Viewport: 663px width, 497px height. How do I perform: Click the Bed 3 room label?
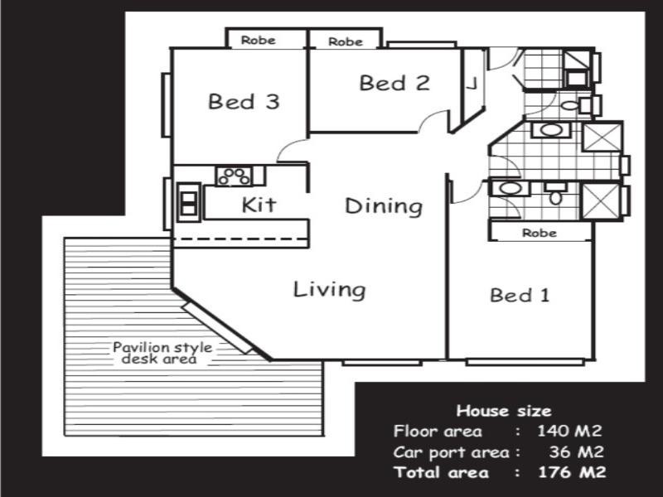click(x=243, y=102)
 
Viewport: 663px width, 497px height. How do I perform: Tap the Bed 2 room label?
click(x=394, y=83)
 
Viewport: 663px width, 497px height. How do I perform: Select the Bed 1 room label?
click(x=520, y=295)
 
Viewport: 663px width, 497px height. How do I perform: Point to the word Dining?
click(x=384, y=205)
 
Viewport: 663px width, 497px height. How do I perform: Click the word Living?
click(x=329, y=289)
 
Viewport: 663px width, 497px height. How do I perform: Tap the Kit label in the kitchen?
click(x=259, y=205)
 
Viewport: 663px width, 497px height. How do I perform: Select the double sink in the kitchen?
click(x=189, y=204)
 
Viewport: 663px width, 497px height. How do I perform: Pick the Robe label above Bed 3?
click(x=258, y=41)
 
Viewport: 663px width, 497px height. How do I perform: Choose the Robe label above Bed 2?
click(x=345, y=41)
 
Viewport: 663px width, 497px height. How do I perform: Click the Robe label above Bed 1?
click(x=539, y=234)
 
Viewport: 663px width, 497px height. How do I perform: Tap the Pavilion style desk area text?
click(x=162, y=353)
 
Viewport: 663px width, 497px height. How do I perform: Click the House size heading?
click(x=503, y=410)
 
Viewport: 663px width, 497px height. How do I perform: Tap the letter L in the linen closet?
click(x=471, y=83)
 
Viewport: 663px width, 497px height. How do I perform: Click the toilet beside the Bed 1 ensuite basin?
click(x=555, y=195)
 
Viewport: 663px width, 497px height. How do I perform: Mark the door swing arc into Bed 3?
click(x=289, y=150)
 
